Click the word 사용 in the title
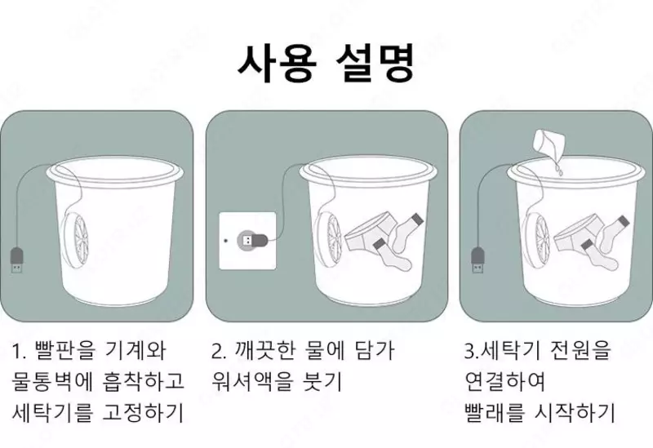click(277, 63)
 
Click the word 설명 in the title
click(375, 63)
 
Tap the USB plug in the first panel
click(16, 261)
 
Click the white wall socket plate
click(248, 241)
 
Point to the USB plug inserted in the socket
click(252, 240)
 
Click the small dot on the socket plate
click(226, 240)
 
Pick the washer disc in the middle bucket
click(328, 242)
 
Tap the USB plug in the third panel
click(478, 261)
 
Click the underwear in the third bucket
click(577, 233)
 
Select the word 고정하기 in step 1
click(143, 412)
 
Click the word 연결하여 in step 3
click(505, 381)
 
